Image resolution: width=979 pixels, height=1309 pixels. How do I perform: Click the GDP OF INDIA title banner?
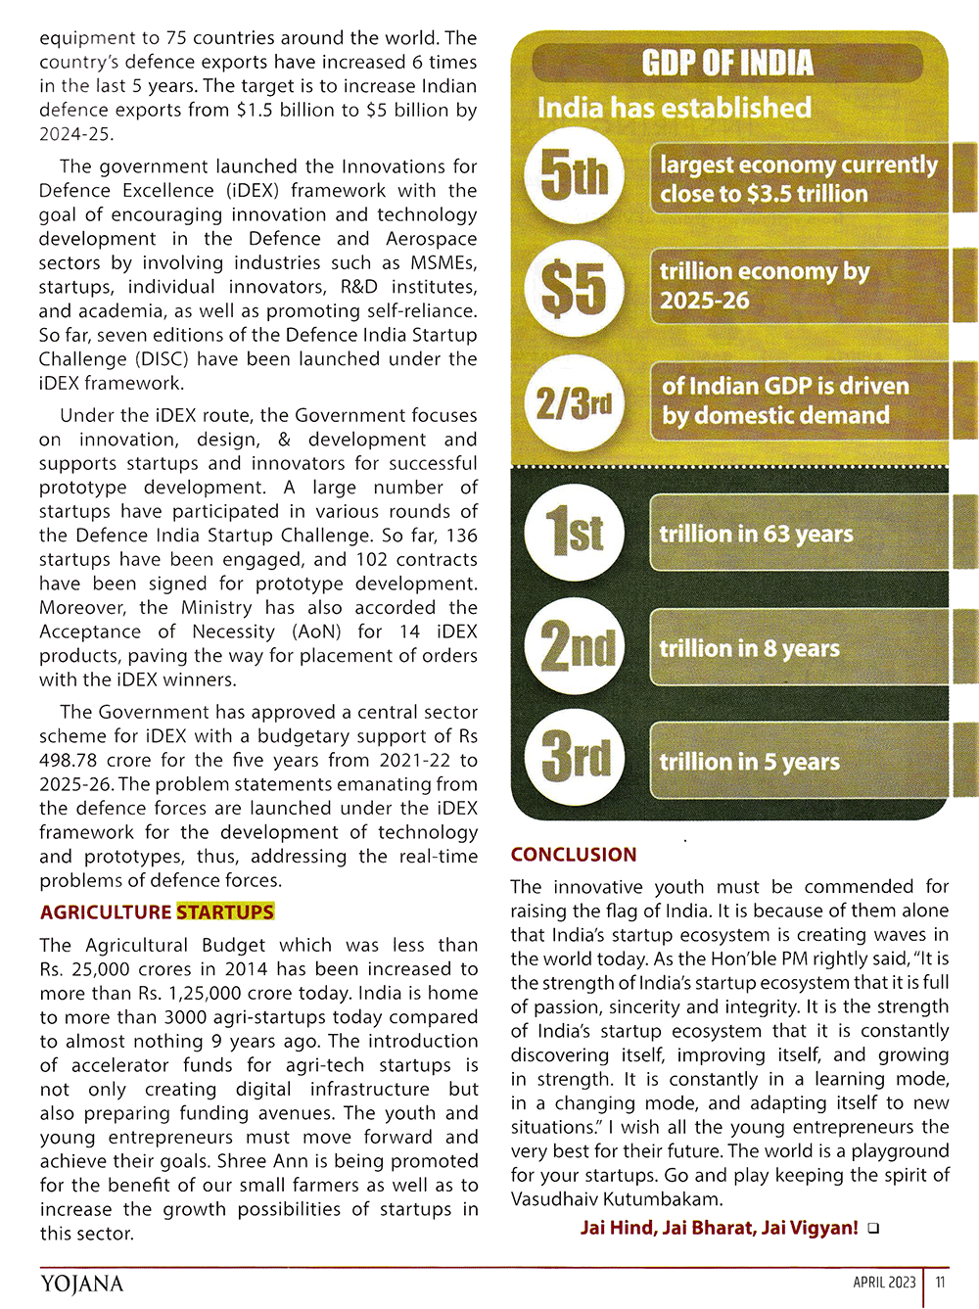[x=727, y=64]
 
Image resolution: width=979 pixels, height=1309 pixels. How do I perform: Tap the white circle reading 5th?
[x=574, y=177]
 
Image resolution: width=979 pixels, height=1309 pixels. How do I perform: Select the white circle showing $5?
[x=574, y=289]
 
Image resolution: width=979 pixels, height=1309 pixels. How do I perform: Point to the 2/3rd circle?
[x=574, y=402]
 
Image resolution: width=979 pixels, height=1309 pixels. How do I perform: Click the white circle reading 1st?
[x=574, y=534]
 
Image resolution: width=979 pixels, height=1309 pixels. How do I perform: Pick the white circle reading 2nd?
[x=576, y=648]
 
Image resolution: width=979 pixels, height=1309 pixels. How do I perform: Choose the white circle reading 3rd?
[x=576, y=759]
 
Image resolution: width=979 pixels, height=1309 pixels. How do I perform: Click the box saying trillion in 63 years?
[x=798, y=534]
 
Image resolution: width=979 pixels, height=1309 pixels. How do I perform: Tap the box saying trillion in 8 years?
[x=798, y=648]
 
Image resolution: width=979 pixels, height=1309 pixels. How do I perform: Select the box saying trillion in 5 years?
[x=798, y=762]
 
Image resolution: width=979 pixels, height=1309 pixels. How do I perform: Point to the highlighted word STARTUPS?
[x=225, y=912]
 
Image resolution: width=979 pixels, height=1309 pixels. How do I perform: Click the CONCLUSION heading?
[x=574, y=855]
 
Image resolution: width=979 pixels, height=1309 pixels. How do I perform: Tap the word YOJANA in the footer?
[x=82, y=1284]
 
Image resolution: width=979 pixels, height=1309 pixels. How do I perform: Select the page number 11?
[x=940, y=1283]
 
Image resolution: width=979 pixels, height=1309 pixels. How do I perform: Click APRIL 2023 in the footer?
[x=884, y=1283]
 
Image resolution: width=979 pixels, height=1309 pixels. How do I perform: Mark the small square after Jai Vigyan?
[x=873, y=1229]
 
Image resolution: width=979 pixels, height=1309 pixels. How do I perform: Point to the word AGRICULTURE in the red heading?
[x=106, y=912]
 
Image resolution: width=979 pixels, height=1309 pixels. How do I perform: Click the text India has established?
[x=674, y=108]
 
